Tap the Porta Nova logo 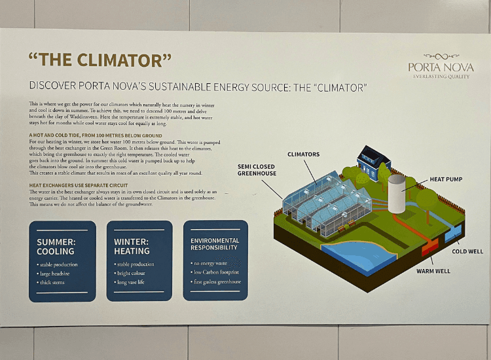[x=440, y=65]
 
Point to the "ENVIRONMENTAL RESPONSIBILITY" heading [x=215, y=245]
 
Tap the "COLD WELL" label [x=467, y=251]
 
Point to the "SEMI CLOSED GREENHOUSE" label [x=257, y=170]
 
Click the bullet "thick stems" [x=53, y=282]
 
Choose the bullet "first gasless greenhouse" [x=217, y=282]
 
